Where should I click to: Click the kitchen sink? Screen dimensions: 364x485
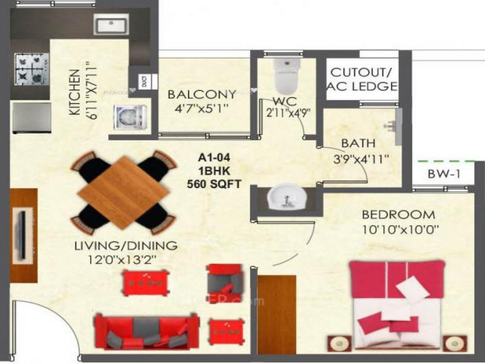(x=111, y=25)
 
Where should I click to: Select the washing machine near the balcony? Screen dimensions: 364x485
(x=130, y=117)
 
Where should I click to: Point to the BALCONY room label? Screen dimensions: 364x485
(x=202, y=95)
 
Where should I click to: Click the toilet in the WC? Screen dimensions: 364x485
(x=287, y=75)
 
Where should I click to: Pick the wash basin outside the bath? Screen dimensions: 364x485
(x=286, y=197)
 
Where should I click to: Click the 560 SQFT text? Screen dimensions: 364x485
(x=214, y=184)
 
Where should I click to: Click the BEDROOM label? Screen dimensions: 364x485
(x=398, y=214)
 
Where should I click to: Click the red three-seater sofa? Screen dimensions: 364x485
(x=147, y=331)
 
